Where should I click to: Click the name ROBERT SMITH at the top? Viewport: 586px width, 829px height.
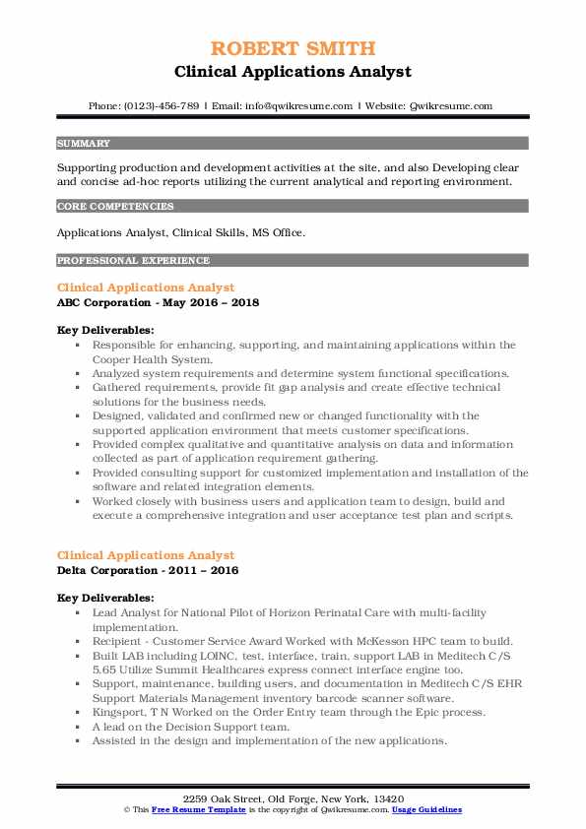click(293, 48)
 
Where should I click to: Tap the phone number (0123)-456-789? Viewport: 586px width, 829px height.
click(158, 106)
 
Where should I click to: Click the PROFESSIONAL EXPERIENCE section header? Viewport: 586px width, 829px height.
click(133, 261)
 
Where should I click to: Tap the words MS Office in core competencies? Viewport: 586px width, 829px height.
click(279, 232)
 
